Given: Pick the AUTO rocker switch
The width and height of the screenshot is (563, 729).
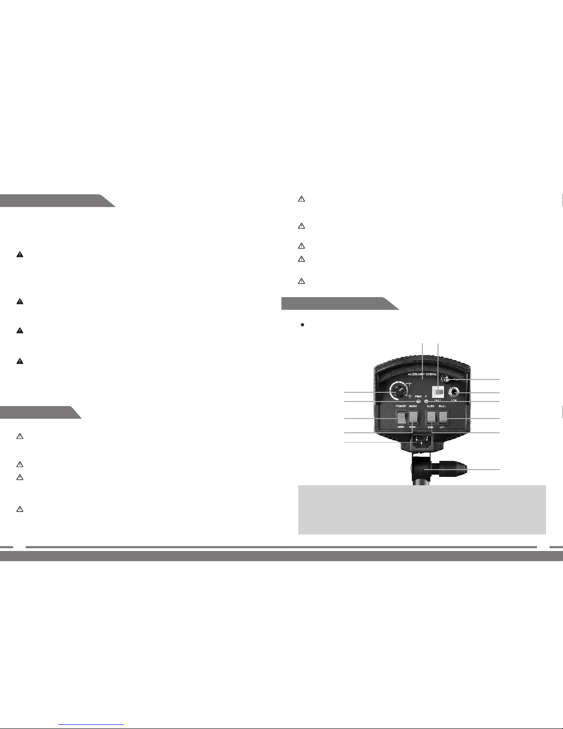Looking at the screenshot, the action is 431,418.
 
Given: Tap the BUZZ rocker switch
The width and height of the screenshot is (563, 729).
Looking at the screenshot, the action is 443,417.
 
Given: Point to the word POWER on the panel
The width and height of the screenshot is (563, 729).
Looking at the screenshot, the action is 401,407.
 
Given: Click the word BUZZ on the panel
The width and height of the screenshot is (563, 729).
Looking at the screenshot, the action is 443,407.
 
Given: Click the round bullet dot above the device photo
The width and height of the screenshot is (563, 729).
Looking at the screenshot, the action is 302,325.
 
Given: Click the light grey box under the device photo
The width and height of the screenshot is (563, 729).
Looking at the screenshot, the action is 422,509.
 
